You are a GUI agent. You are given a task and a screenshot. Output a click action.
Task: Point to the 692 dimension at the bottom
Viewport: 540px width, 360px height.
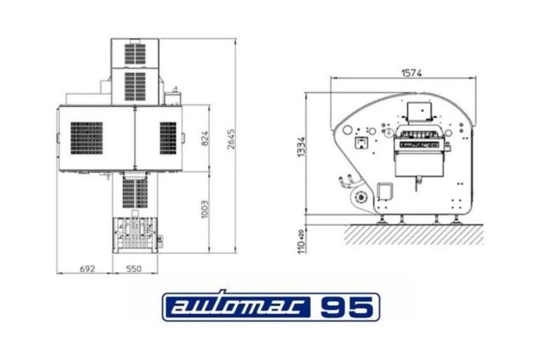click(88, 269)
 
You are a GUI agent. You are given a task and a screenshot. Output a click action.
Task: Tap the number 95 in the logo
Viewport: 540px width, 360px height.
click(349, 307)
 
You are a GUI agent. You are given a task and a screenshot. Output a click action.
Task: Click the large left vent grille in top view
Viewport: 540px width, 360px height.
click(86, 139)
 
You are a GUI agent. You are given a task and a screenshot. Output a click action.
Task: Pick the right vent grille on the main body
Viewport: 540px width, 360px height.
click(168, 137)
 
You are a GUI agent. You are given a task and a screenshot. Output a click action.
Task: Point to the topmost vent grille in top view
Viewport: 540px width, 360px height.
click(135, 54)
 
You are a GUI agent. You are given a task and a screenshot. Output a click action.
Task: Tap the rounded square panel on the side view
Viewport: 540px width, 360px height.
click(385, 192)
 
